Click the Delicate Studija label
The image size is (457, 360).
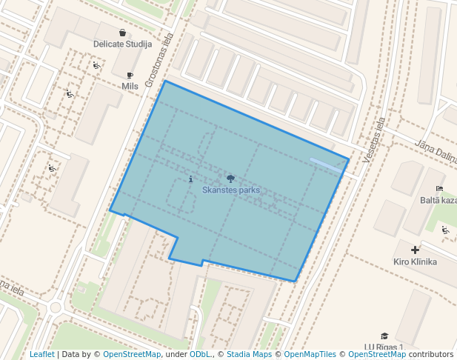122,44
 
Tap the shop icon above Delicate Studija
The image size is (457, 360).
122,33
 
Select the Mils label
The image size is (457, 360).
130,86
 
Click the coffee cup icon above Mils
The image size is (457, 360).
130,75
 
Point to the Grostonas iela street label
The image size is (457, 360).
159,59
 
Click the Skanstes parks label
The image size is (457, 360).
231,190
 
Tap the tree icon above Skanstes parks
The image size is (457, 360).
231,179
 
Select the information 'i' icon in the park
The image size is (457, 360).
191,179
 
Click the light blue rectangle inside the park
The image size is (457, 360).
326,165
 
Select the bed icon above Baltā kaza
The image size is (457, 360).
440,189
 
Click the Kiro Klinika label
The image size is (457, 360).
415,261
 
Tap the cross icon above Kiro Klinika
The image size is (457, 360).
415,250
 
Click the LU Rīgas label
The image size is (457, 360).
384,347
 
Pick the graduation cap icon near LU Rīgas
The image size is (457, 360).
384,336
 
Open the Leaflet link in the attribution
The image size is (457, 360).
42,355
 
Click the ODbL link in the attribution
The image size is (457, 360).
200,355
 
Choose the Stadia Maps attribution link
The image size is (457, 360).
249,355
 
